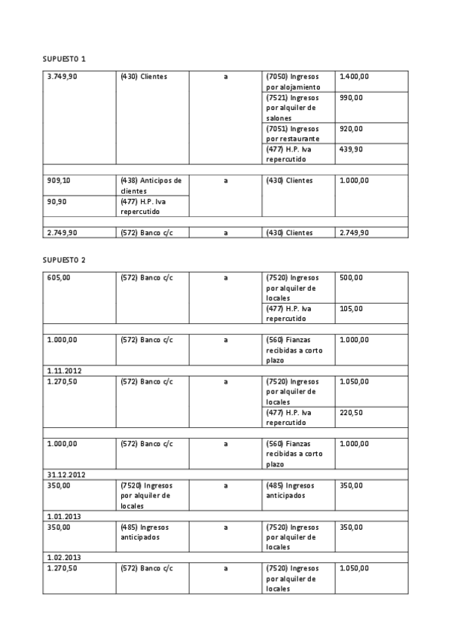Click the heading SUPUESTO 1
point(64,58)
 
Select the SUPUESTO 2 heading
point(64,260)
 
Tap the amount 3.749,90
point(62,76)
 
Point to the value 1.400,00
point(355,76)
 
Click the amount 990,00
point(351,97)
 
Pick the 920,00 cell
point(351,129)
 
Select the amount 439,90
point(351,149)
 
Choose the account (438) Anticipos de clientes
point(151,185)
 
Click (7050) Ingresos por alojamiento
point(293,81)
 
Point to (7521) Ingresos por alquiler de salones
point(293,107)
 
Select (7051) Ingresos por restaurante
point(293,133)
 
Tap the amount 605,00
point(58,277)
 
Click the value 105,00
point(351,308)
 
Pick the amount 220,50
point(351,412)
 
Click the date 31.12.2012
point(64,475)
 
